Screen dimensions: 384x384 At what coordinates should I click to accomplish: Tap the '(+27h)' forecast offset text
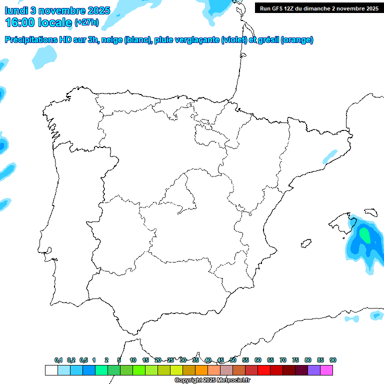pyautogui.click(x=86, y=22)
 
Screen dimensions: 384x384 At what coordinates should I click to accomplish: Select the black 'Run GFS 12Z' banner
pyautogui.click(x=318, y=8)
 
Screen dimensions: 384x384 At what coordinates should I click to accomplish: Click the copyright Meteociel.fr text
pyautogui.click(x=212, y=380)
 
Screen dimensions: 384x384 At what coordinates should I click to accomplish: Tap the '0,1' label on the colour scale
pyautogui.click(x=58, y=360)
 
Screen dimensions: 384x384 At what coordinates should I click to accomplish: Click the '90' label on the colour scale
pyautogui.click(x=333, y=360)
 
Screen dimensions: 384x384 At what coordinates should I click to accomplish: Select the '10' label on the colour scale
pyautogui.click(x=133, y=360)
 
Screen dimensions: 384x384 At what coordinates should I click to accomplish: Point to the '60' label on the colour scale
pyautogui.click(x=258, y=360)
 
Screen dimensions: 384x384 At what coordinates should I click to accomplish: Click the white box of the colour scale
pyautogui.click(x=51, y=370)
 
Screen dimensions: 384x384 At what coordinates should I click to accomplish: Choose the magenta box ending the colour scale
pyautogui.click(x=326, y=370)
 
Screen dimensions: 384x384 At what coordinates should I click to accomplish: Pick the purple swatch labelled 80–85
pyautogui.click(x=314, y=370)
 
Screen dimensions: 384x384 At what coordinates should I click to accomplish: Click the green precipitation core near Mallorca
pyautogui.click(x=365, y=234)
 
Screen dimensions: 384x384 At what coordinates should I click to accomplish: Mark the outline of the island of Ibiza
pyautogui.click(x=304, y=244)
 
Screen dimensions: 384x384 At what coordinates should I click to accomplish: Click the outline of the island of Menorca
pyautogui.click(x=370, y=212)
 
